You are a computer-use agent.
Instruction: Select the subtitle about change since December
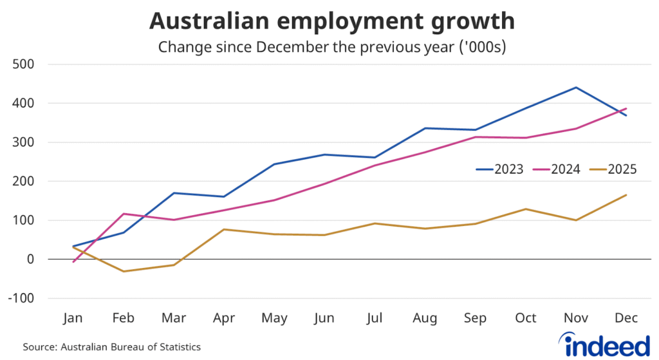pos(331,47)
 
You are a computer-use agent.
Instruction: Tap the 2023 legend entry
pos(499,169)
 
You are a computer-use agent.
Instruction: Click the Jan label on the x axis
pos(73,319)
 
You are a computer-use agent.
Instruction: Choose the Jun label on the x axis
pos(324,319)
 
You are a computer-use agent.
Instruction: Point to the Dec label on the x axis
pos(626,319)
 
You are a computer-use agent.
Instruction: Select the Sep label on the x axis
pos(476,319)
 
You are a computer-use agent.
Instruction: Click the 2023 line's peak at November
pos(576,88)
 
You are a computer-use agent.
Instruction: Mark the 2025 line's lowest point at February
pos(124,271)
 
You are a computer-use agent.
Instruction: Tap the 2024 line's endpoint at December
pos(626,108)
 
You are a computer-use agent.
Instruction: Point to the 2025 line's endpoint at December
pos(626,195)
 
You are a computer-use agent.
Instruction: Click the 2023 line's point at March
pos(174,193)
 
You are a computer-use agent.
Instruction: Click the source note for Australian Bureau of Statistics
pos(112,347)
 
